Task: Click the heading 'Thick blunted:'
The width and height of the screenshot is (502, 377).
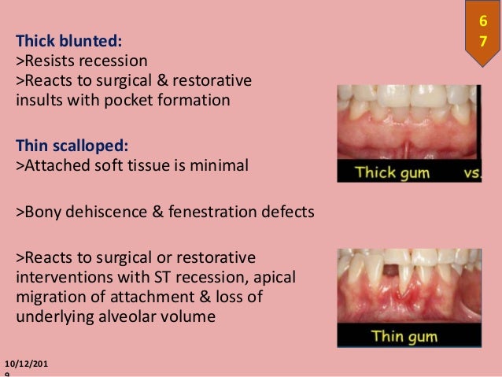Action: tap(68, 40)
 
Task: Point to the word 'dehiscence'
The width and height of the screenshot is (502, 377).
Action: tap(91, 212)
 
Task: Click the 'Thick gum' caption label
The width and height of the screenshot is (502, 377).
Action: tap(389, 172)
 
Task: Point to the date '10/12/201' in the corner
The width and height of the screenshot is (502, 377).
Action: tap(30, 361)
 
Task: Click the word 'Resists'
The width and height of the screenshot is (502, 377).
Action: tap(49, 61)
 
